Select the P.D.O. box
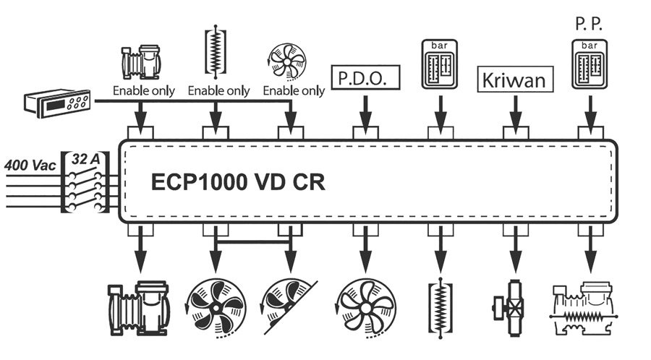click(x=365, y=77)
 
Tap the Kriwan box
click(x=515, y=77)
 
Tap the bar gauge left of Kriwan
click(x=441, y=64)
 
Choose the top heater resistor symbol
click(x=215, y=52)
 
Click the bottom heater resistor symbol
click(x=441, y=309)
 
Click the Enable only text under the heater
click(x=218, y=91)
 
